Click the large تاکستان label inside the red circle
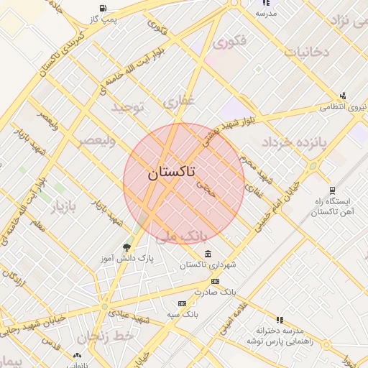[170, 173]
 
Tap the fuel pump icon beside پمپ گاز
[105, 9]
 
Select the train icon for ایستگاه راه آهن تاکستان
[331, 190]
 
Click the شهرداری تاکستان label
[208, 265]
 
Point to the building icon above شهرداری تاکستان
[208, 254]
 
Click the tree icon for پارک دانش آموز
[127, 247]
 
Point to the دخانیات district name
[306, 52]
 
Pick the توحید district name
[127, 107]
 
